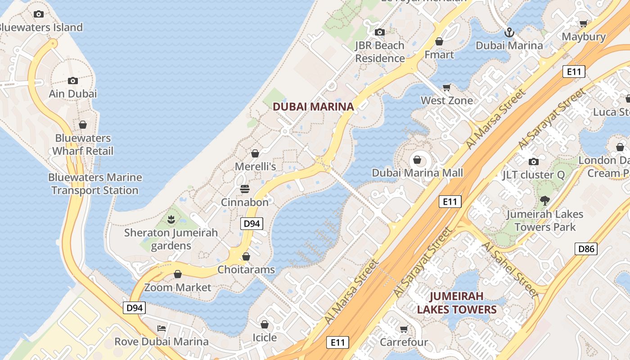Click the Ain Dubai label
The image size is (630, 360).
72,94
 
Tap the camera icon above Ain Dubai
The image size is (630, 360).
72,81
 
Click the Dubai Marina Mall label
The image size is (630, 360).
417,173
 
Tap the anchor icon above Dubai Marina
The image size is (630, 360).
509,32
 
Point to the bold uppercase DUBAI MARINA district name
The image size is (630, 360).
313,107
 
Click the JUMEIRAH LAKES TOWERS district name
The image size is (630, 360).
456,303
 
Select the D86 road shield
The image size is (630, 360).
586,248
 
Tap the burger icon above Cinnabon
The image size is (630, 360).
245,189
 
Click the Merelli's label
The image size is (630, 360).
255,166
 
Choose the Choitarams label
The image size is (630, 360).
246,270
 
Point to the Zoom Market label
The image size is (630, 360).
178,287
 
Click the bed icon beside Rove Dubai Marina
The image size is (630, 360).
162,328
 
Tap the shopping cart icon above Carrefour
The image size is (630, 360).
404,329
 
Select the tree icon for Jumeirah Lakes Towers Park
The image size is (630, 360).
544,201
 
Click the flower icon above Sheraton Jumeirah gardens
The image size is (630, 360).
171,220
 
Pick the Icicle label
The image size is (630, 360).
265,337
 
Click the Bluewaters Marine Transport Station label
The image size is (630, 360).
94,184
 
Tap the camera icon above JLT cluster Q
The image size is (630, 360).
533,162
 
